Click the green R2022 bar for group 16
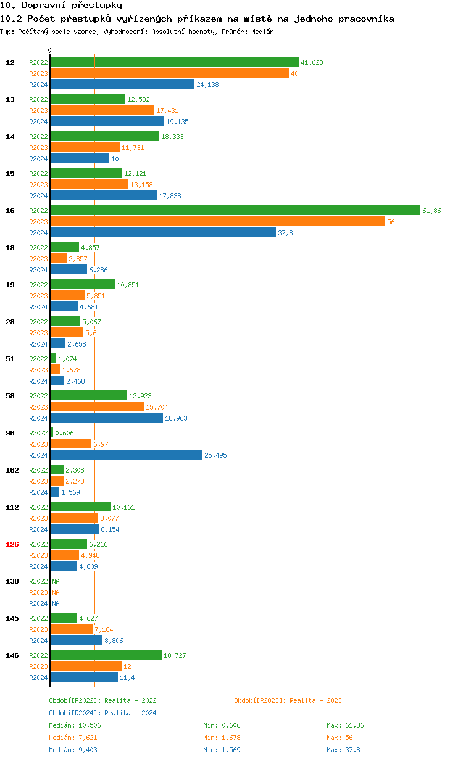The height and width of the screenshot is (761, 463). pyautogui.click(x=235, y=211)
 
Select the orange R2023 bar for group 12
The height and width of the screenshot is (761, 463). pyautogui.click(x=169, y=74)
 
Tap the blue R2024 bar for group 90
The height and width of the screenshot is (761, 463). pyautogui.click(x=126, y=455)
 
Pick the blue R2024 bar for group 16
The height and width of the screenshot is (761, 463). pyautogui.click(x=163, y=233)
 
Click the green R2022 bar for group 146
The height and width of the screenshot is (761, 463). pyautogui.click(x=106, y=655)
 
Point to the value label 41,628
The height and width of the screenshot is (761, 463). pyautogui.click(x=312, y=62)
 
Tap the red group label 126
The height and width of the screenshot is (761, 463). pyautogui.click(x=12, y=544)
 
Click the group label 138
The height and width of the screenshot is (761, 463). pyautogui.click(x=12, y=581)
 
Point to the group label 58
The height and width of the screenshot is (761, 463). pyautogui.click(x=10, y=396)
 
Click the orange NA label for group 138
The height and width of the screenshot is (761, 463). pyautogui.click(x=56, y=592)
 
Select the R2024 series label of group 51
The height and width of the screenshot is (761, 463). pyautogui.click(x=38, y=381)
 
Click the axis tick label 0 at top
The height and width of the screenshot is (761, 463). pyautogui.click(x=50, y=51)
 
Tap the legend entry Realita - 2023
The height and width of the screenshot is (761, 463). pyautogui.click(x=288, y=700)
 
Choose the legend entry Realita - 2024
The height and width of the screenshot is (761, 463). pyautogui.click(x=102, y=713)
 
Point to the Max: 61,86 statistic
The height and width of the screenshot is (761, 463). pyautogui.click(x=345, y=725)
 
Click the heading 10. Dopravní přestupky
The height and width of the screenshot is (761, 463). pyautogui.click(x=56, y=6)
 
